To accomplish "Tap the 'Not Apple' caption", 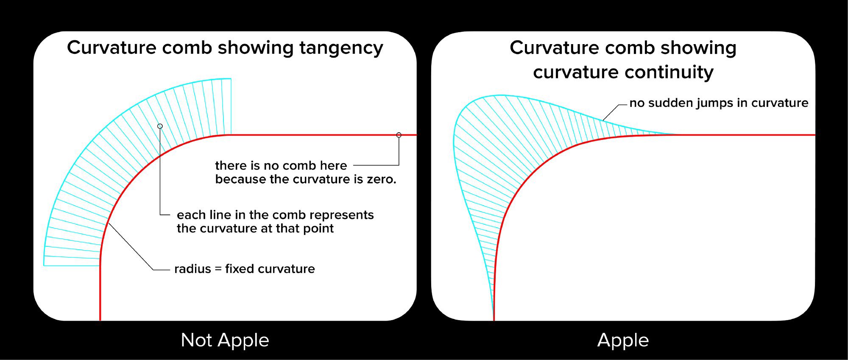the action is tap(225, 340).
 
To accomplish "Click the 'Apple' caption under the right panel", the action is tap(623, 340).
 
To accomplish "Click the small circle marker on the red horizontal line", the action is tap(399, 135).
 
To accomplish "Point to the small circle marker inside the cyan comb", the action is tap(160, 126).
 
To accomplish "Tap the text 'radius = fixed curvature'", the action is tap(245, 269).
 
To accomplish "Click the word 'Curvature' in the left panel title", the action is tap(112, 47).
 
